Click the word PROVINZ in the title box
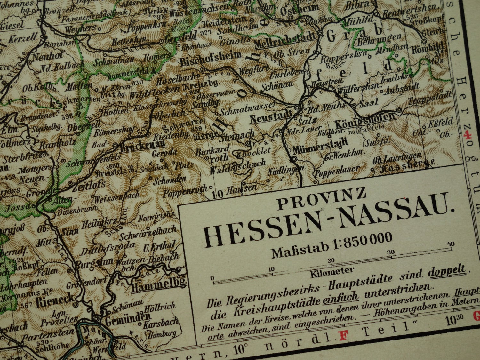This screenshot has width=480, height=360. [321, 198]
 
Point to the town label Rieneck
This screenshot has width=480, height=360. [55, 301]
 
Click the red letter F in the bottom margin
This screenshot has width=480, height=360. [344, 335]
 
